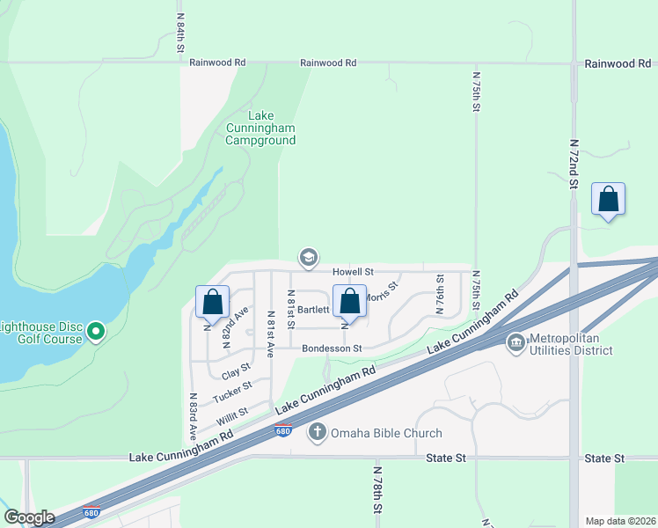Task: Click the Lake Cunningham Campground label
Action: pyautogui.click(x=260, y=128)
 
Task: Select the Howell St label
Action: pyautogui.click(x=354, y=272)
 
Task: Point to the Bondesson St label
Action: pyautogui.click(x=332, y=348)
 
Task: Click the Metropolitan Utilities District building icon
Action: pyautogui.click(x=516, y=341)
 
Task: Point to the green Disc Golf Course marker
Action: pyautogui.click(x=97, y=333)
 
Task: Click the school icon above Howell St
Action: pyautogui.click(x=308, y=257)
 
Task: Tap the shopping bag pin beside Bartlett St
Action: pyautogui.click(x=349, y=301)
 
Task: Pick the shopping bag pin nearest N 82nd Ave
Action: pyautogui.click(x=212, y=302)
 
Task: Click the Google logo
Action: pyautogui.click(x=29, y=517)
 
